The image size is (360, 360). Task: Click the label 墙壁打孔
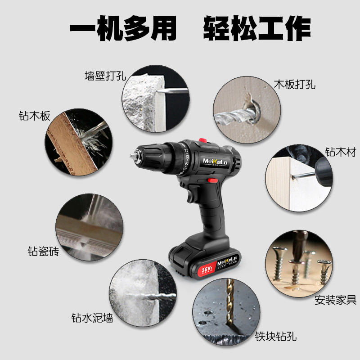click(x=105, y=76)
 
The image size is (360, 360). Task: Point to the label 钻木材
click(x=341, y=152)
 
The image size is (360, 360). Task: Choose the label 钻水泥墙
click(x=92, y=318)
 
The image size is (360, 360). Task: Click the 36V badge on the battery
click(x=205, y=270)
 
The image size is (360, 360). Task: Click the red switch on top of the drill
click(x=202, y=141)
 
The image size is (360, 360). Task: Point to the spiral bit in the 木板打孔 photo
click(x=234, y=115)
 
